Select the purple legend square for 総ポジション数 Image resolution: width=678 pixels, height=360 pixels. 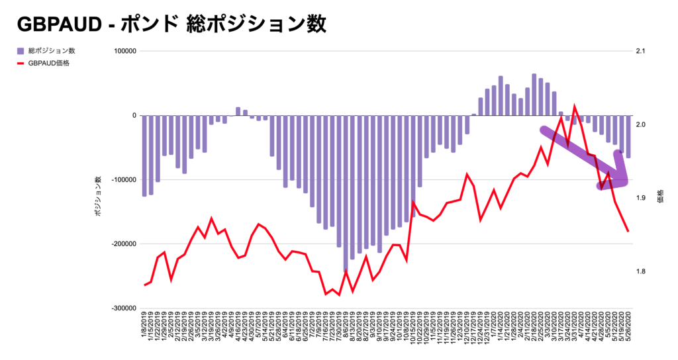point(20,51)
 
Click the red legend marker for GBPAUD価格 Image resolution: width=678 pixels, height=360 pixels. point(20,64)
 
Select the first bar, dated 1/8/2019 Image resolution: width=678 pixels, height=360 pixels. point(144,156)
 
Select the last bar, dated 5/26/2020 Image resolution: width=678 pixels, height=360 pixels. point(628,136)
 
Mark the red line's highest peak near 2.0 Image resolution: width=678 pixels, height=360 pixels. point(574,106)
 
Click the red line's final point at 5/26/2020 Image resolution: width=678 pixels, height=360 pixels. point(628,231)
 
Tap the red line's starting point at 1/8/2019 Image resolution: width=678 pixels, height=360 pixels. point(144,285)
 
